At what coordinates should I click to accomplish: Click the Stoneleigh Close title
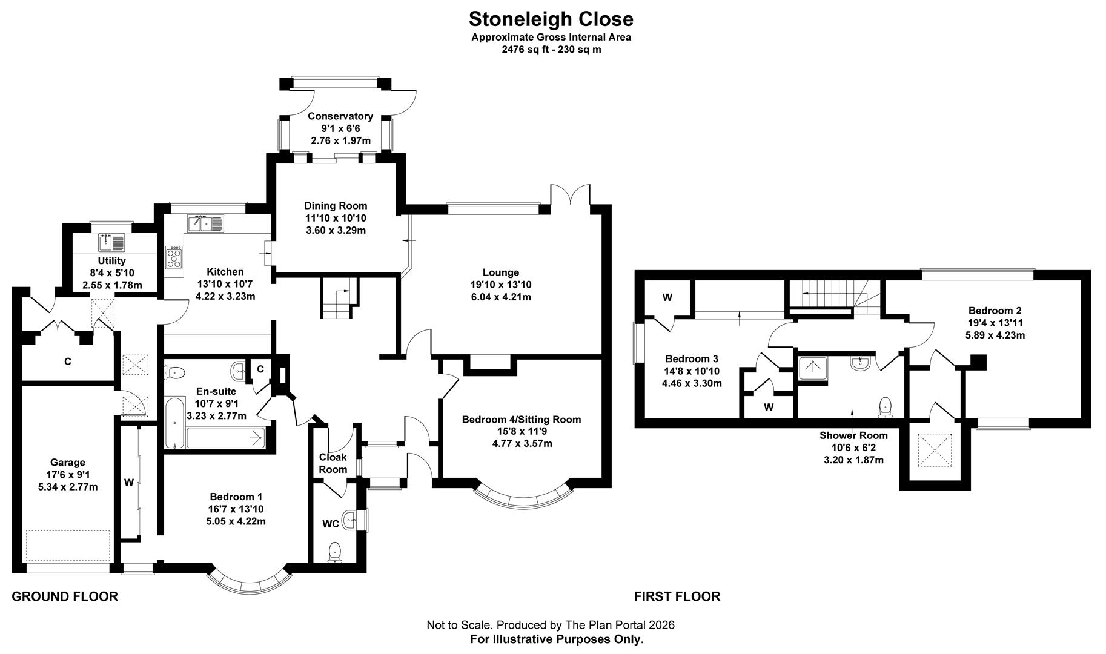551,19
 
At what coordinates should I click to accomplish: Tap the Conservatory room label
340,116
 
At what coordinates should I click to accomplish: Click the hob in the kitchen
174,257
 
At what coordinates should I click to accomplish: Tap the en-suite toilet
174,372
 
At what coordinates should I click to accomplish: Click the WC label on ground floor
330,524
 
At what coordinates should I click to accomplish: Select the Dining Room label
336,206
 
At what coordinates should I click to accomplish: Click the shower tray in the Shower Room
813,369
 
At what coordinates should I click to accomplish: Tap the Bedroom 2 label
995,311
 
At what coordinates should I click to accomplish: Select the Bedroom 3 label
691,359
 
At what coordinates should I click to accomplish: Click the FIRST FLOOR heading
677,596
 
